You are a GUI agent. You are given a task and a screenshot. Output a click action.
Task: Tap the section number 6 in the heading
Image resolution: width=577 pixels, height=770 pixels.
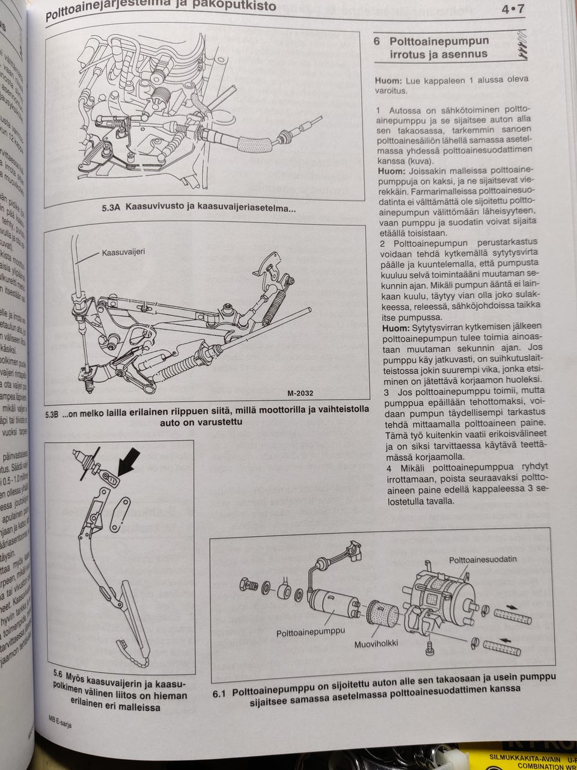377,42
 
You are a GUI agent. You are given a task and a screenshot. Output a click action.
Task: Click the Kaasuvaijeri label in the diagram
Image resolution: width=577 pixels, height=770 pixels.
123,252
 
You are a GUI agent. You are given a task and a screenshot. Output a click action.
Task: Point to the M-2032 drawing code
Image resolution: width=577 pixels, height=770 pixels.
301,393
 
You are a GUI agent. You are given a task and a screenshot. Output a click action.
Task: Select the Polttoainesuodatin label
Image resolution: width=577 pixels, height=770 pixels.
482,559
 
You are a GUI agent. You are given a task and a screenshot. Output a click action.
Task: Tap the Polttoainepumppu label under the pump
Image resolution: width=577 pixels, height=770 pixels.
311,632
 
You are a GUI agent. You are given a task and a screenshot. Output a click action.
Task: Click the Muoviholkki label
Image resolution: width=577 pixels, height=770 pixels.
376,643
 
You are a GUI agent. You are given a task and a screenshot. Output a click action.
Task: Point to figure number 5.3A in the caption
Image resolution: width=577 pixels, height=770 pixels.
112,208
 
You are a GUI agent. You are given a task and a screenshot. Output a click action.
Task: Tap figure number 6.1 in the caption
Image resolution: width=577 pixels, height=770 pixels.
219,694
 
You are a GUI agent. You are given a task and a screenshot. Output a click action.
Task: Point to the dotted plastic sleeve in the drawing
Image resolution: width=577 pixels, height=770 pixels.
383,614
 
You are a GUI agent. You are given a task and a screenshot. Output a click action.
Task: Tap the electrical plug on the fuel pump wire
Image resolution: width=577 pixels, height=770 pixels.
351,549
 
